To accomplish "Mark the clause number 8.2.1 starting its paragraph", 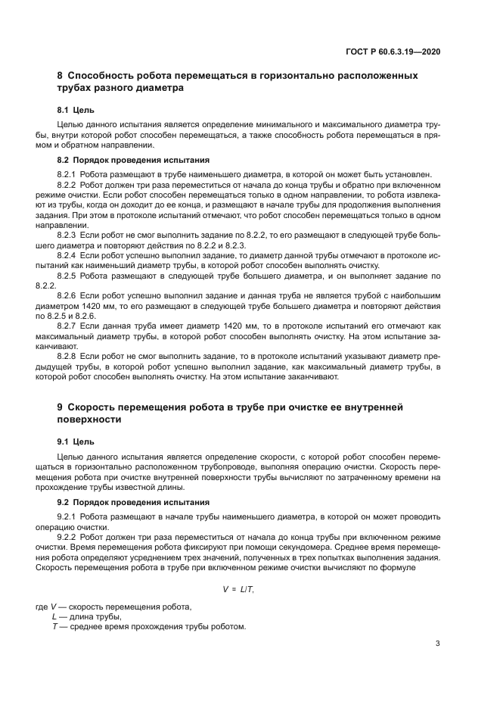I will [69, 174].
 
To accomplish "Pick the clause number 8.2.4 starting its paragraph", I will [69, 255].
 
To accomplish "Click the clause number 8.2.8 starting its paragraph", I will [69, 355].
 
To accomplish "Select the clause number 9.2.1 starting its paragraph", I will [69, 516].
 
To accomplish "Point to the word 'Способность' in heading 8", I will [102, 76].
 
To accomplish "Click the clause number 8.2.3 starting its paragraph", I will [69, 235].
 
